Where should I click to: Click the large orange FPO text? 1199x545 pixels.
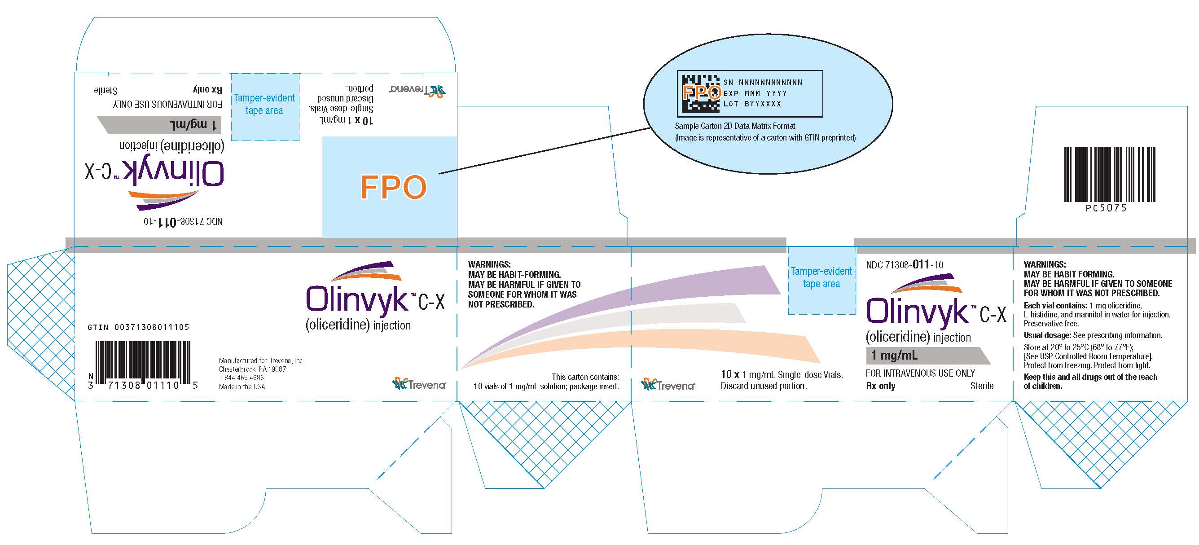pos(393,187)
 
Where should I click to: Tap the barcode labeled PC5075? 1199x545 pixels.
pos(1110,175)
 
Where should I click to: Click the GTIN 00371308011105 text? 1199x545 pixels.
pos(138,327)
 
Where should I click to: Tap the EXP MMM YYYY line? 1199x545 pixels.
pos(755,93)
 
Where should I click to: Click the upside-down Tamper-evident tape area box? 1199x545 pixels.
pos(264,106)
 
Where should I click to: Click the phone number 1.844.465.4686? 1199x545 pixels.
pos(241,378)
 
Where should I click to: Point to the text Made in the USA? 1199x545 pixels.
pos(242,387)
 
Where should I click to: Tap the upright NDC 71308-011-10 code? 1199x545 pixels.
pos(905,265)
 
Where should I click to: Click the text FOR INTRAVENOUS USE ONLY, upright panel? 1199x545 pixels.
pos(920,373)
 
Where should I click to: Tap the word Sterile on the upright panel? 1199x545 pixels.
pos(982,386)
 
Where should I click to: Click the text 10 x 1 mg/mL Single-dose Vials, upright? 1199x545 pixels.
pos(782,374)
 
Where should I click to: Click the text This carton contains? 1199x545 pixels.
pos(585,377)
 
